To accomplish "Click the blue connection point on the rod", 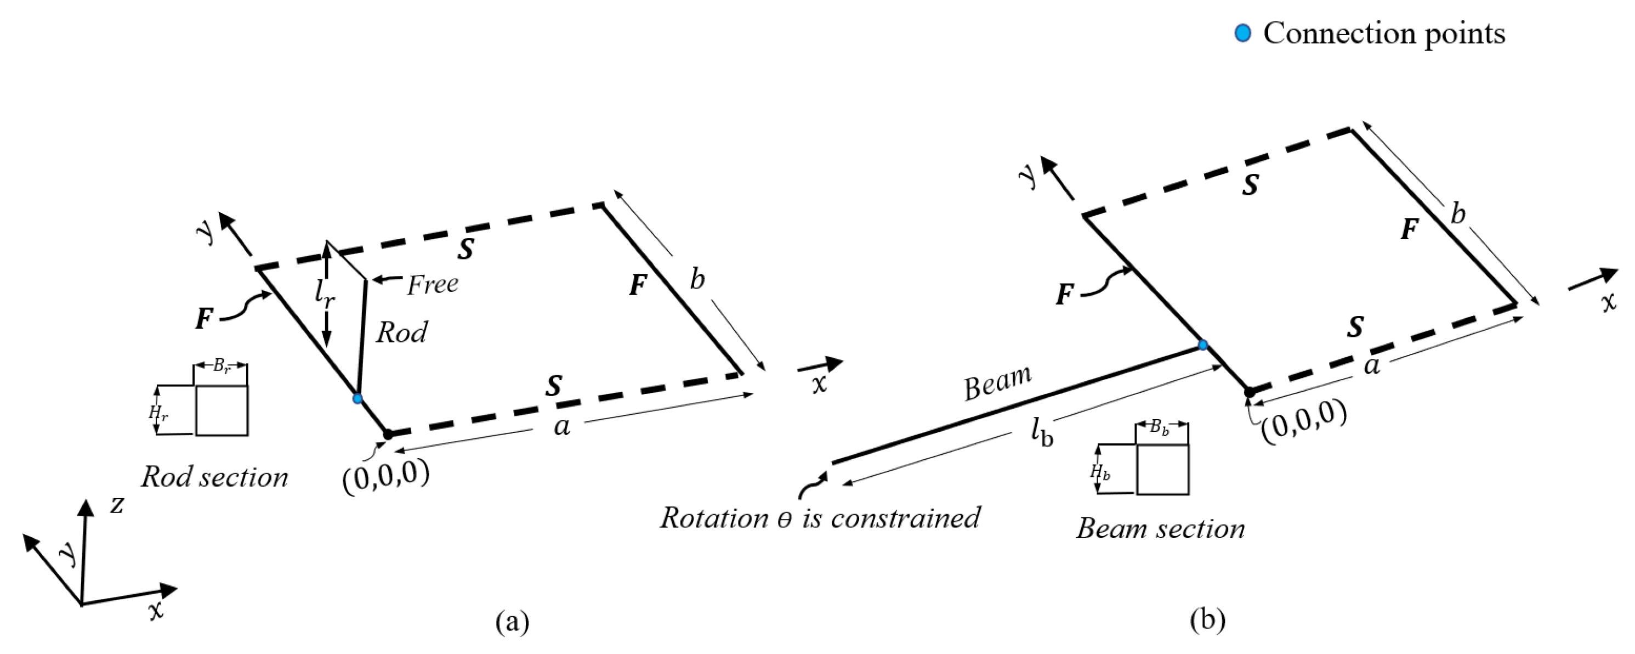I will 357,398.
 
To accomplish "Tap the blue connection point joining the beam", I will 1202,345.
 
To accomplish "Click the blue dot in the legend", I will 1243,33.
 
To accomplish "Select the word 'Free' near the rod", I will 432,284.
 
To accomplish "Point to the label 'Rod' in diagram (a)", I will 402,332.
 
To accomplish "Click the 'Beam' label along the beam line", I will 997,384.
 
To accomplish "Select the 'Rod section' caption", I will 214,477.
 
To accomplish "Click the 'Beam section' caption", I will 1160,529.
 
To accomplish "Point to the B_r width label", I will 221,367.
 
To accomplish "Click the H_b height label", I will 1100,472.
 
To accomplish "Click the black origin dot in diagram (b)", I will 1249,393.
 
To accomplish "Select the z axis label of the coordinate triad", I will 117,505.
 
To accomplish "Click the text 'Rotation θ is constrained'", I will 820,518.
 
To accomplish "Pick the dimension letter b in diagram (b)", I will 1458,215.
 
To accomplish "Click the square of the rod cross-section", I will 222,410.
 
